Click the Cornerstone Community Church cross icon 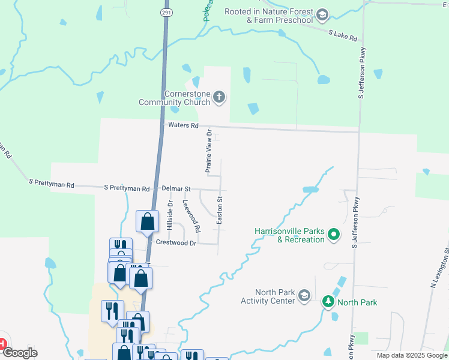[220, 97]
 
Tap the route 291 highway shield [166, 12]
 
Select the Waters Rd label [184, 125]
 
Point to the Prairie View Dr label [209, 151]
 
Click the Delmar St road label [176, 188]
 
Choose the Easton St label [220, 211]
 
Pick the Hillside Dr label [170, 215]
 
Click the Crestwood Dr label [176, 243]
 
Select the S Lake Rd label [343, 35]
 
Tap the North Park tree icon [328, 301]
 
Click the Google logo [20, 353]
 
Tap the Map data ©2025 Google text [411, 355]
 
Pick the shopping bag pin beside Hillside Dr [147, 222]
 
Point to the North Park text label [357, 302]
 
